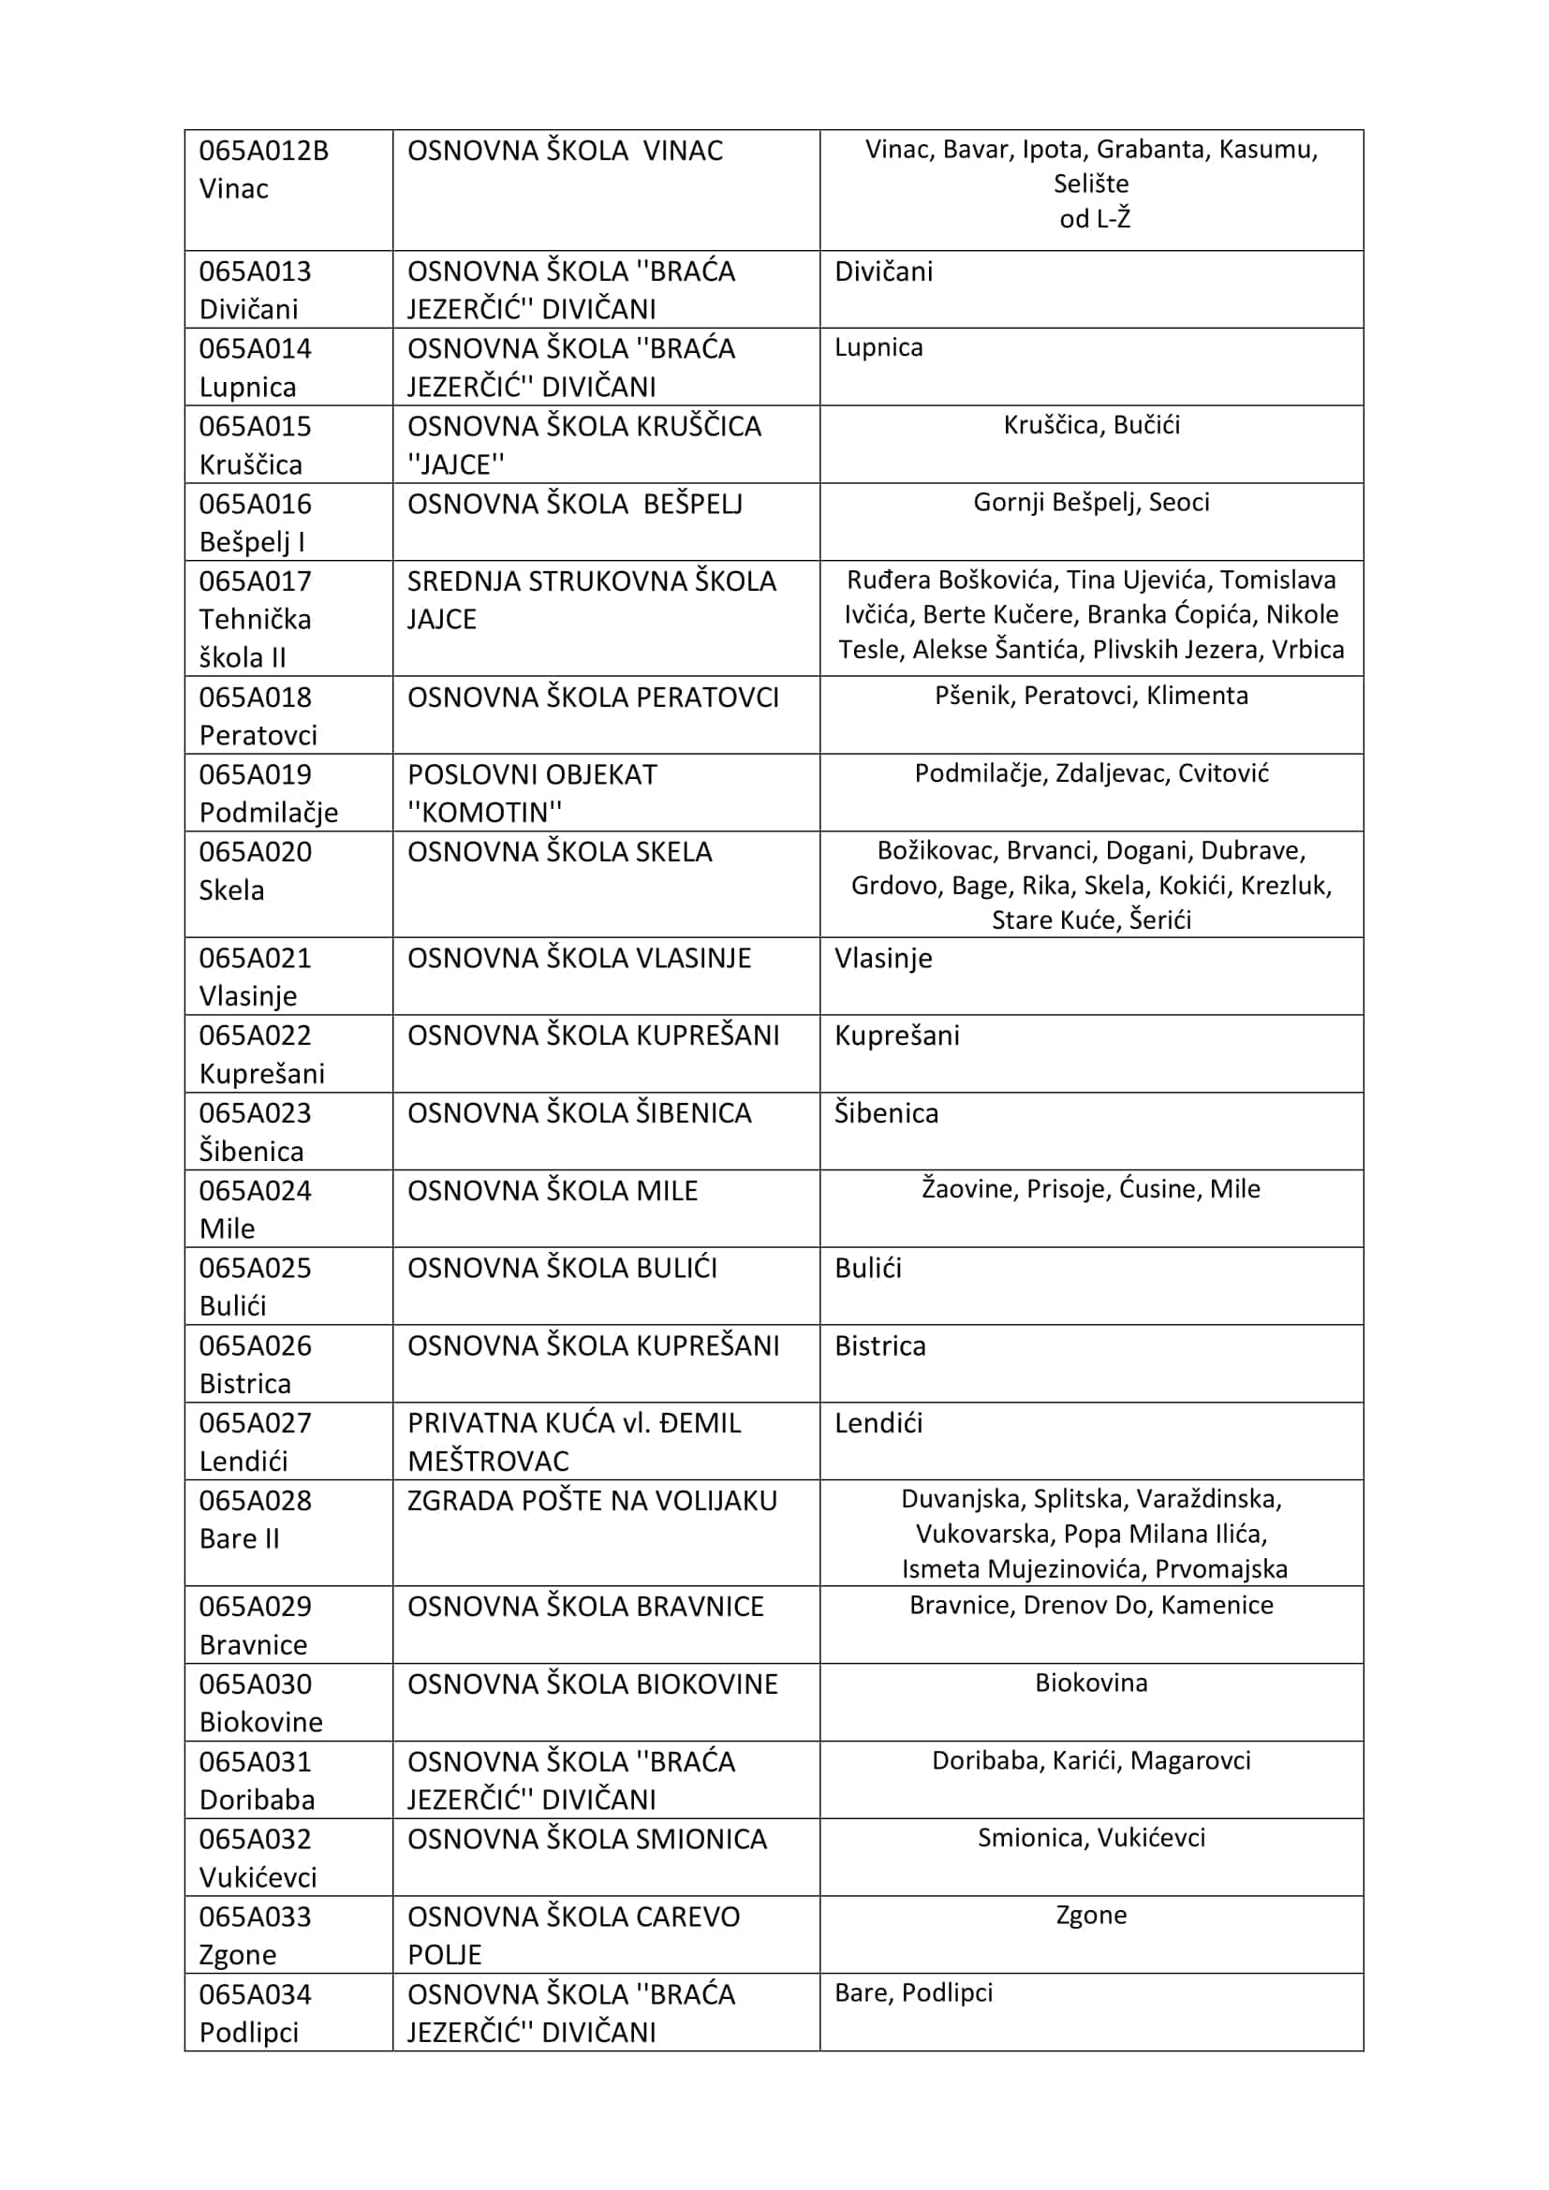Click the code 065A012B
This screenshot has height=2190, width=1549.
tap(263, 151)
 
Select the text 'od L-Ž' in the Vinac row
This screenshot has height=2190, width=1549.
tap(1094, 219)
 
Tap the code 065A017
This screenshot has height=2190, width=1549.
tap(255, 581)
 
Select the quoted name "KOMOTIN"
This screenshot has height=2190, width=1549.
tap(484, 813)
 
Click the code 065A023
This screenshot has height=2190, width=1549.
tap(255, 1113)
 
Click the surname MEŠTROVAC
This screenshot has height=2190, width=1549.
tap(487, 1462)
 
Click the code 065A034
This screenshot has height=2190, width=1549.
tap(255, 1994)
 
